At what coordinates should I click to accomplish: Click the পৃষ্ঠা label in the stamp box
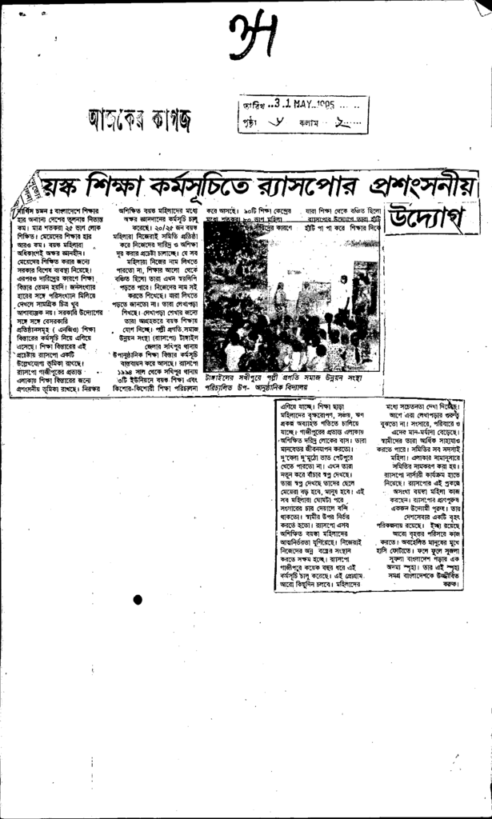pyautogui.click(x=250, y=125)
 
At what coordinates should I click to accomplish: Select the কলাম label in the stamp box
pyautogui.click(x=309, y=125)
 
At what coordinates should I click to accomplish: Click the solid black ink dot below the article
pyautogui.click(x=138, y=600)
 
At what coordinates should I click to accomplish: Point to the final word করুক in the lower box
pyautogui.click(x=450, y=585)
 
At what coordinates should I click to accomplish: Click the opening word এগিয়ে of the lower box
pyautogui.click(x=291, y=406)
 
